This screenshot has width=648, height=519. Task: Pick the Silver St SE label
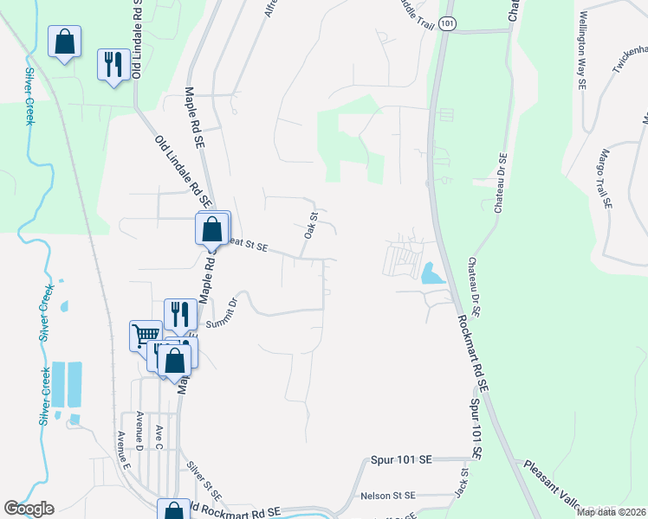point(205,482)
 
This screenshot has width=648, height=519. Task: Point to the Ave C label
point(159,437)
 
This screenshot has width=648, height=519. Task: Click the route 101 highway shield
point(446,24)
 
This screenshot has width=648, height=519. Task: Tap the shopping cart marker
point(146,335)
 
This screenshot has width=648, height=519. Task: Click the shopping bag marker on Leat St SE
point(213,231)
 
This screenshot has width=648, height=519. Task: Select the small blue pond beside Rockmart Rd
point(431,274)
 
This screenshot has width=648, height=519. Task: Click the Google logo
point(29,509)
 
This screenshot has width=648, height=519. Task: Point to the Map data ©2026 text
point(611,512)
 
